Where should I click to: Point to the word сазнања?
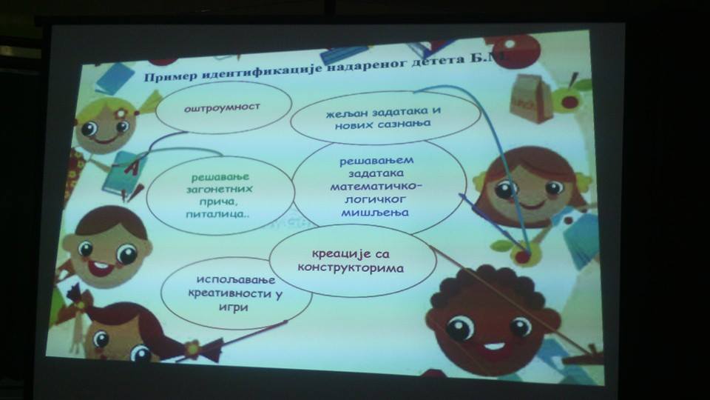pos(404,123)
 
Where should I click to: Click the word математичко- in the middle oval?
pos(376,186)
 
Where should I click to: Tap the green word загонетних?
pos(220,189)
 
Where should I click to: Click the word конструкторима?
pos(351,267)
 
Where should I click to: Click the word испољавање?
pos(235,280)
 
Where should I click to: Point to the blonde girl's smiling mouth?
pos(105,139)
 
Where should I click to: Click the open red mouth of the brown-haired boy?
pos(101,267)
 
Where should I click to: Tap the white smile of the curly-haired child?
pos(494,347)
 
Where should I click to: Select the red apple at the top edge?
pos(516,50)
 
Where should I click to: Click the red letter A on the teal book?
pos(132,168)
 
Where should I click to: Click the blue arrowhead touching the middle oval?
pos(464,199)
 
